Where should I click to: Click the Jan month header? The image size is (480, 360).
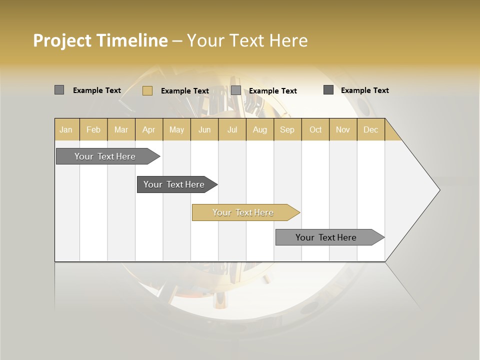pos(66,129)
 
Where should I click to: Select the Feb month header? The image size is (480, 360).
pos(93,129)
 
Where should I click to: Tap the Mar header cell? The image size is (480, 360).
pos(121,129)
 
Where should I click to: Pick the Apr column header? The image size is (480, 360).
pos(149,129)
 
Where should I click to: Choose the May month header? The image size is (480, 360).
pos(176,129)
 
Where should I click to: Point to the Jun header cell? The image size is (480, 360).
pos(204,129)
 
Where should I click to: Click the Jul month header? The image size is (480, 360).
pos(232,129)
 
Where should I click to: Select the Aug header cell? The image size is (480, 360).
pos(260,129)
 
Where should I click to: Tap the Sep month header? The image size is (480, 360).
pos(287,129)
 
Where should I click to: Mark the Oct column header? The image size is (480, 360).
pos(315,129)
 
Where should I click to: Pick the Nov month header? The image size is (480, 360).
pos(343,129)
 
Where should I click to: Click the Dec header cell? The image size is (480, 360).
pos(371,129)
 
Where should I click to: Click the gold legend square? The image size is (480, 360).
pos(147,90)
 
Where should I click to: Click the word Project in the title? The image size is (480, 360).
pos(62,40)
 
